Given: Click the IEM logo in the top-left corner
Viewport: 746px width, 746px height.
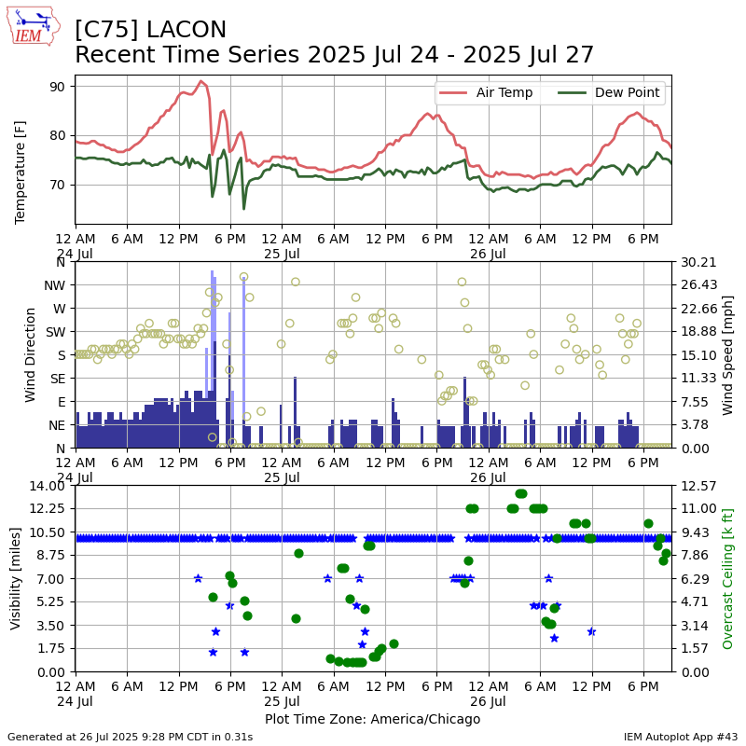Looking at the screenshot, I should [x=33, y=26].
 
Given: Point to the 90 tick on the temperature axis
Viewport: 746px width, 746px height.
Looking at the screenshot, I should [x=57, y=87].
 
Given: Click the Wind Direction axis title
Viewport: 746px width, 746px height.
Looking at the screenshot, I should [x=31, y=354].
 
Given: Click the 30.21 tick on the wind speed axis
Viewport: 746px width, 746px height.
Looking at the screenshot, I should [x=696, y=262].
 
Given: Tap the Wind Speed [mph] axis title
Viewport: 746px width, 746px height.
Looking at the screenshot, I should [x=728, y=354].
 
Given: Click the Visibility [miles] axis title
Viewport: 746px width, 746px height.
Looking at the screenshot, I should [x=16, y=578].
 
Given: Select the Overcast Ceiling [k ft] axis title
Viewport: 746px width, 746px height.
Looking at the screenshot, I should [x=728, y=578].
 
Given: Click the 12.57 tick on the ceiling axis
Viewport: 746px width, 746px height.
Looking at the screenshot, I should [x=696, y=485].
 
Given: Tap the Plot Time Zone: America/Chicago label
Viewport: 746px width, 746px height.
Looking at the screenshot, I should [x=372, y=719].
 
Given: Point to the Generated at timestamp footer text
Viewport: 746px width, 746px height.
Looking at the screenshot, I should [x=130, y=737].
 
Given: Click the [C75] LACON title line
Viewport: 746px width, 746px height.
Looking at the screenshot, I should [x=151, y=30].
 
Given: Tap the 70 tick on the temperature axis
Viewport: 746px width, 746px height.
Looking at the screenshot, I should [x=57, y=185].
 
